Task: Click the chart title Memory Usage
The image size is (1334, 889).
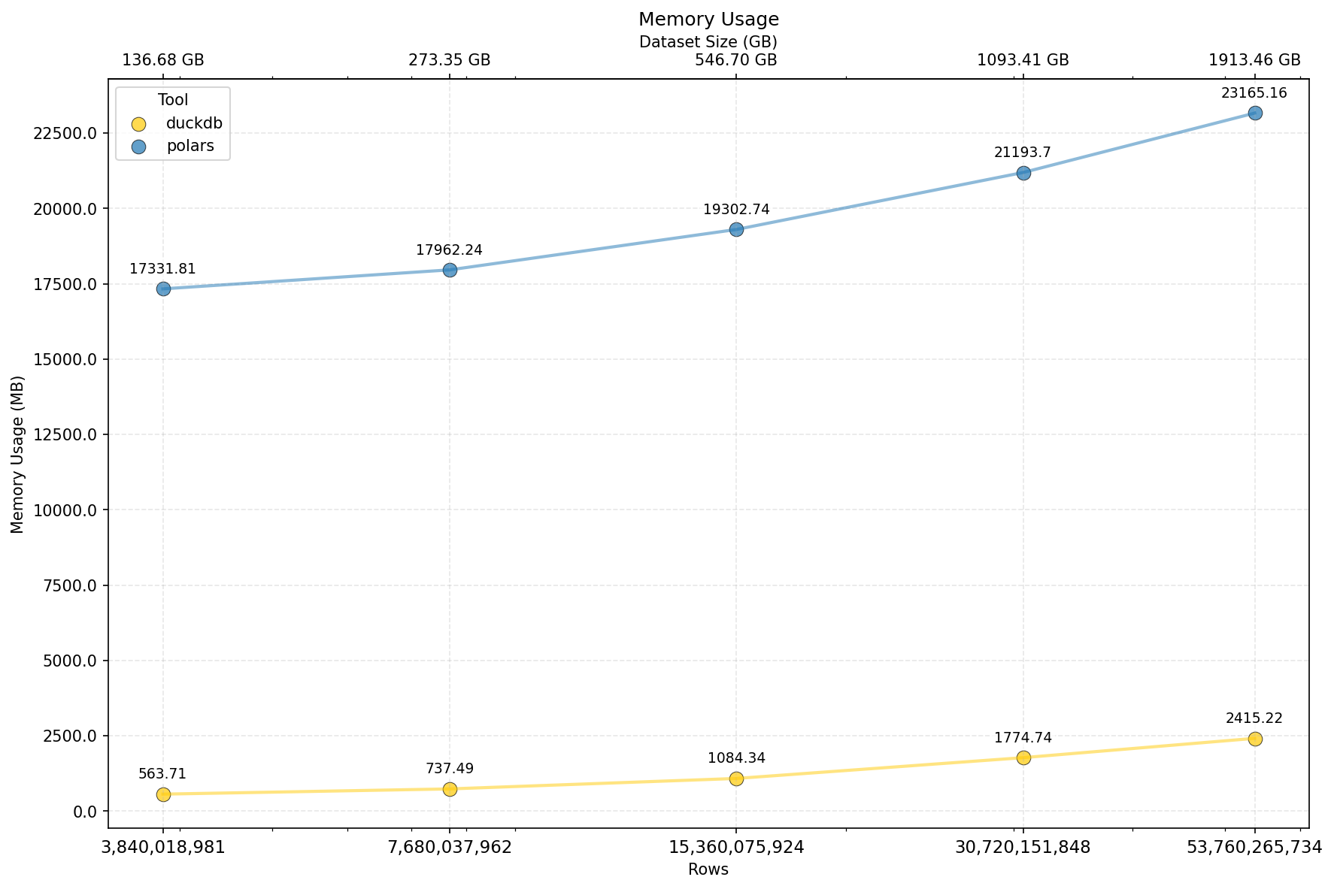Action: pos(708,20)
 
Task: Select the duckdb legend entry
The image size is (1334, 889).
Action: pos(194,123)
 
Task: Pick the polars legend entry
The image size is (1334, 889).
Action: pos(190,146)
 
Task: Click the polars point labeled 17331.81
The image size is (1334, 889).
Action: pos(163,289)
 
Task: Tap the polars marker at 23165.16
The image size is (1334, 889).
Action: pos(1254,113)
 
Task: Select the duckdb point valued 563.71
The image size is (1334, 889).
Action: pos(163,794)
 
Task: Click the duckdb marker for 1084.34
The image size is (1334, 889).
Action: pos(736,779)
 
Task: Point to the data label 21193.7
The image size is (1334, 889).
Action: pos(1022,153)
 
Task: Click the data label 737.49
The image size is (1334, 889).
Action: pos(449,768)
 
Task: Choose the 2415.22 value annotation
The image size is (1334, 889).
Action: pos(1254,718)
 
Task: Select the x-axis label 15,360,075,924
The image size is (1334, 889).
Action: pos(736,848)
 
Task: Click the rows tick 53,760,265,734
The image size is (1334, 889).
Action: pos(1254,848)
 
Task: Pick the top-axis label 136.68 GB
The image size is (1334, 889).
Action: pos(163,60)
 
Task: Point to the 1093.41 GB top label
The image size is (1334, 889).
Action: pos(1022,60)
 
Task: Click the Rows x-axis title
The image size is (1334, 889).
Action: pos(708,869)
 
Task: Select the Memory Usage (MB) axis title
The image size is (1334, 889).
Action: pos(18,454)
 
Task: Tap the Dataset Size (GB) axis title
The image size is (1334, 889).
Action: pos(708,42)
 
